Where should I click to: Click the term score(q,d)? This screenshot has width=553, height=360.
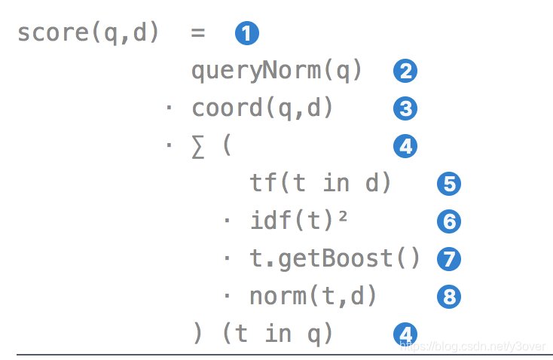point(88,34)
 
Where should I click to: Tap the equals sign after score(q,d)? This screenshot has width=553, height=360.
point(198,34)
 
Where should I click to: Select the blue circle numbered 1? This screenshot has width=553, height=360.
point(247,34)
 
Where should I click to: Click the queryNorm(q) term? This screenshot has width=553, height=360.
point(277,72)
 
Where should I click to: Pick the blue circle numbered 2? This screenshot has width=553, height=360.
point(405,72)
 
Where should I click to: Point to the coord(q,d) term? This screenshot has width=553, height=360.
point(262,108)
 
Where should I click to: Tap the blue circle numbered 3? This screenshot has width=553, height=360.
point(405,109)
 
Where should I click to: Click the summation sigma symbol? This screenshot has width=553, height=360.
point(198,146)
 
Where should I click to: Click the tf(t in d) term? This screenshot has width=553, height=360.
point(321,183)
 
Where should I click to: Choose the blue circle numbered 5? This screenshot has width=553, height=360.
point(448,184)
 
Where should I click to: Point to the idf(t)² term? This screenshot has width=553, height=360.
point(299,221)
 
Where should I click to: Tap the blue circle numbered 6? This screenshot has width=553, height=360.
point(448,221)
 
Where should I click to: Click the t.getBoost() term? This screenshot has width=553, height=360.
point(335,258)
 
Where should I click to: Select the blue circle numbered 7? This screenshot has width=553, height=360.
point(448,259)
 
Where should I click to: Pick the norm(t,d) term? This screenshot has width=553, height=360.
point(313,296)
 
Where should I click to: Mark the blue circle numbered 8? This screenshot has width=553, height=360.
point(448,297)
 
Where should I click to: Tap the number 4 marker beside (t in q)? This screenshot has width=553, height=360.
point(405,334)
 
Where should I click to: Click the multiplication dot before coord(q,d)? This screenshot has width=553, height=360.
point(169,109)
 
